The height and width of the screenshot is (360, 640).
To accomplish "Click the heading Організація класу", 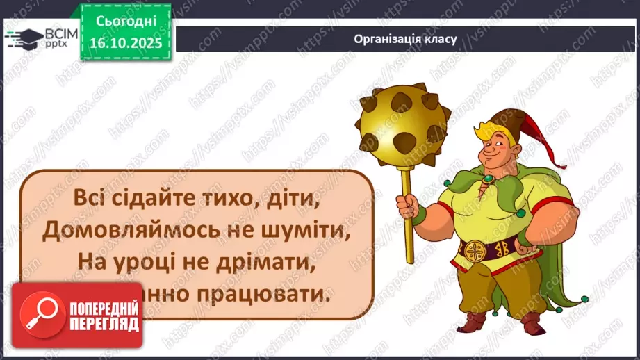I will pyautogui.click(x=404, y=39).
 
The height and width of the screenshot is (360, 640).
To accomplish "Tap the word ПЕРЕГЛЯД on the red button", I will pyautogui.click(x=105, y=324).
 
